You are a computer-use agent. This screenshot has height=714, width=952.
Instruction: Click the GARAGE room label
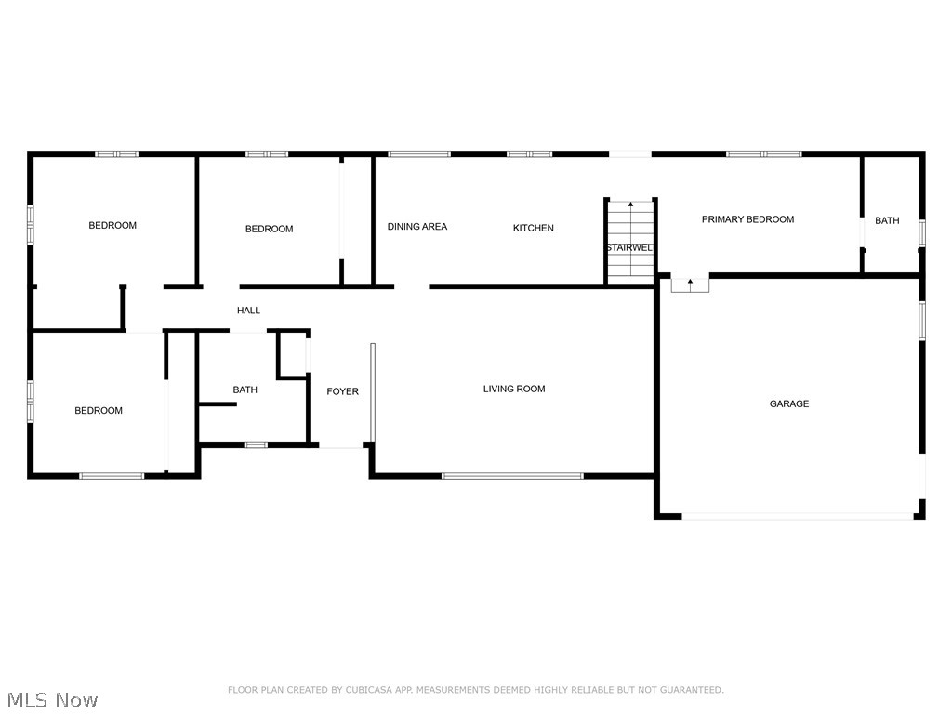click(x=788, y=403)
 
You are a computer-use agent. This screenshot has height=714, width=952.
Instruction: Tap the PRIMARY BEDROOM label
click(x=747, y=219)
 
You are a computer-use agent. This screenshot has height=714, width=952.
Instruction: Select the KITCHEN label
click(x=533, y=228)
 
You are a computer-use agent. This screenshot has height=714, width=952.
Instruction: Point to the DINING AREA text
click(x=416, y=226)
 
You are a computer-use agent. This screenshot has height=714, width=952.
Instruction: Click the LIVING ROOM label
click(x=513, y=389)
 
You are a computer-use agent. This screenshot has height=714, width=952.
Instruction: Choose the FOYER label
click(x=342, y=391)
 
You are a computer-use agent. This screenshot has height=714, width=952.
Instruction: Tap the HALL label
click(x=248, y=311)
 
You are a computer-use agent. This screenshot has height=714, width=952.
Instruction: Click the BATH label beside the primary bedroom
click(x=887, y=220)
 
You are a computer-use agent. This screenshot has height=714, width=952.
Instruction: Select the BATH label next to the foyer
click(x=245, y=390)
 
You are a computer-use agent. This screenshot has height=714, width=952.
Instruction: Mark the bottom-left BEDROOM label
click(x=99, y=410)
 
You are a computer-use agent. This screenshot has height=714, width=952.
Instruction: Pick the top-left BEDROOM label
click(x=112, y=225)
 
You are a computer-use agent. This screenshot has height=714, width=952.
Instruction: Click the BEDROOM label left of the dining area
click(x=269, y=229)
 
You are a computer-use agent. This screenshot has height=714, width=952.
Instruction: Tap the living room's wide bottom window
click(x=512, y=476)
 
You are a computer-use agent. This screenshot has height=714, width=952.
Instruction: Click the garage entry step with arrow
click(x=690, y=284)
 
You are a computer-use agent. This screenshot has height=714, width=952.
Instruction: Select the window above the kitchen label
click(x=529, y=153)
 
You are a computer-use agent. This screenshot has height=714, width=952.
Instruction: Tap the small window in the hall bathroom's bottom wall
click(x=256, y=444)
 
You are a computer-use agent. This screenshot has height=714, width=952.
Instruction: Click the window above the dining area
click(x=418, y=153)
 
